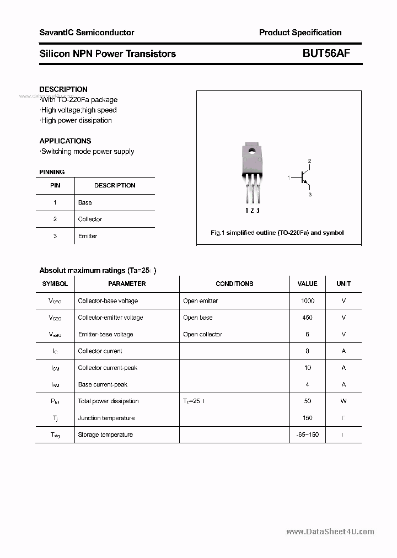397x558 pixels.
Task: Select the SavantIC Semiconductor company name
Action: pyautogui.click(x=87, y=33)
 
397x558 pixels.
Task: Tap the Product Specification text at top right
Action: pyautogui.click(x=300, y=33)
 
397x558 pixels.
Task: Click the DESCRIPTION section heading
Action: pyautogui.click(x=63, y=89)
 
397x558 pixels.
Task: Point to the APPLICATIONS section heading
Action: pyautogui.click(x=65, y=141)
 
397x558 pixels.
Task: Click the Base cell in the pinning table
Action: pyautogui.click(x=85, y=202)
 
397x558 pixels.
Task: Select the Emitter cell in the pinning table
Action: pyautogui.click(x=88, y=236)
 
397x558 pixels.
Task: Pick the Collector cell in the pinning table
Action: pyautogui.click(x=90, y=219)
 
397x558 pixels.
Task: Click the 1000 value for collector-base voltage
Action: pyautogui.click(x=307, y=301)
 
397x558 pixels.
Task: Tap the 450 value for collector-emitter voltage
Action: pyautogui.click(x=307, y=318)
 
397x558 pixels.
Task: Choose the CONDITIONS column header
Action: pyautogui.click(x=234, y=284)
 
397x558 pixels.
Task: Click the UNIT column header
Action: pyautogui.click(x=344, y=284)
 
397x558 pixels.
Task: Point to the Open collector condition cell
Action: pyautogui.click(x=202, y=334)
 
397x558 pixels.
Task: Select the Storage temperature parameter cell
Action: pyautogui.click(x=105, y=434)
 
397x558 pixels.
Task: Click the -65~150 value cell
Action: pyautogui.click(x=307, y=434)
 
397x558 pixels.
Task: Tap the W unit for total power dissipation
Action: pyautogui.click(x=344, y=401)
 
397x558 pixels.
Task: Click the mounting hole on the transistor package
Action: pyautogui.click(x=251, y=150)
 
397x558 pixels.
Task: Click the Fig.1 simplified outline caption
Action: pyautogui.click(x=277, y=233)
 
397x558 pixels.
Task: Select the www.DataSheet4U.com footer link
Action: pyautogui.click(x=330, y=532)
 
